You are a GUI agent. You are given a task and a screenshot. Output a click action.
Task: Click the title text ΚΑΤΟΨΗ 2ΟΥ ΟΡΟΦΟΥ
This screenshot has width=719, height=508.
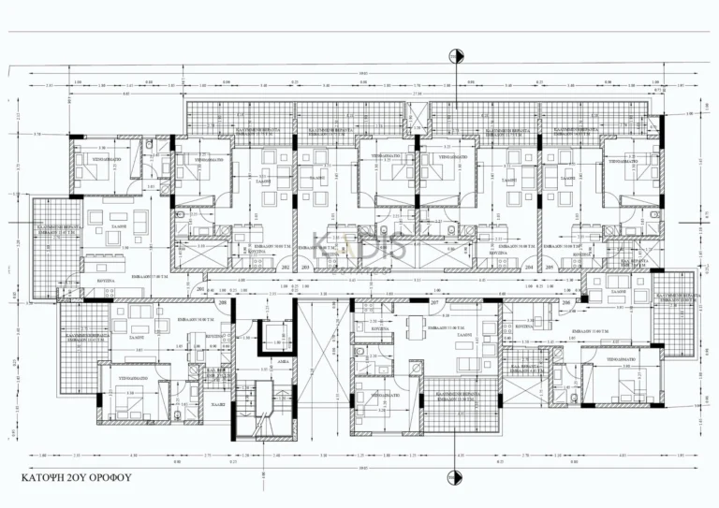(x=76, y=476)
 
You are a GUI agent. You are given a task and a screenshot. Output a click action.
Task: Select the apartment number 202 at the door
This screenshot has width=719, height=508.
(x=284, y=267)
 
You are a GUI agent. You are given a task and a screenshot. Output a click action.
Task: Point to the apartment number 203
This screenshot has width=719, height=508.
(x=306, y=267)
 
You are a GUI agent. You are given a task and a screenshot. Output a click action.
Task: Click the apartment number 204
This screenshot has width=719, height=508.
(x=530, y=267)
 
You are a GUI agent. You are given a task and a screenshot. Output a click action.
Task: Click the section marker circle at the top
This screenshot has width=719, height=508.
(x=456, y=56)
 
